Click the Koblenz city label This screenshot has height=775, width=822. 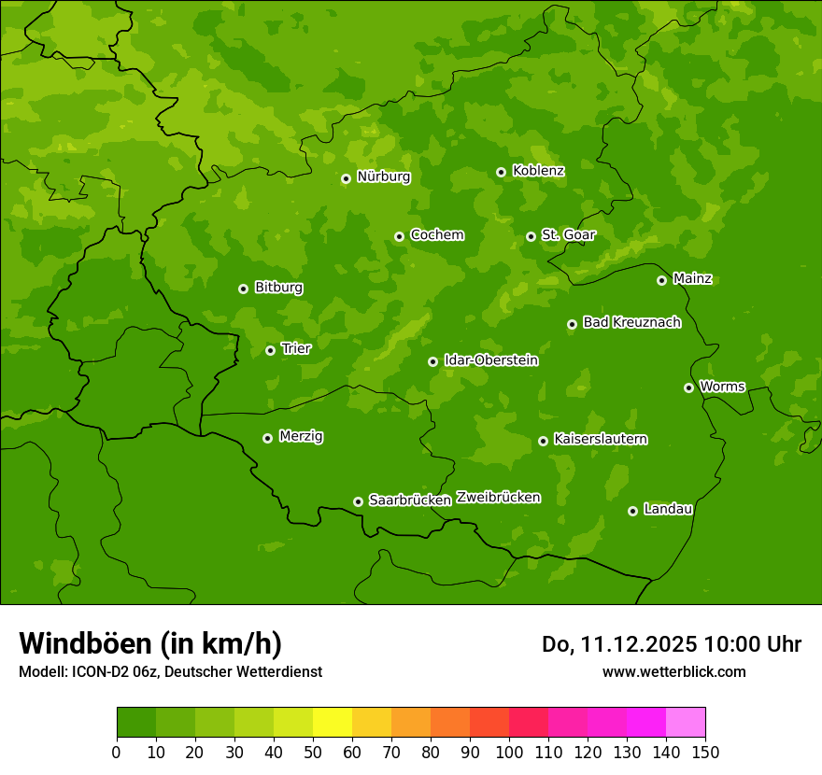click(x=538, y=171)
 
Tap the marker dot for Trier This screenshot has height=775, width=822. click(x=270, y=350)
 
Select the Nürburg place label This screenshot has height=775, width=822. click(x=383, y=176)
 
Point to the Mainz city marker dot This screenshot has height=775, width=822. click(x=661, y=280)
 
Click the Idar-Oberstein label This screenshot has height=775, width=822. click(x=490, y=360)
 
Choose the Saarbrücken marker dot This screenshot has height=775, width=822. click(x=358, y=501)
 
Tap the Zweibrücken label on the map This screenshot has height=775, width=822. click(x=498, y=498)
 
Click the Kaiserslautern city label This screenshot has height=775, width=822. click(x=601, y=439)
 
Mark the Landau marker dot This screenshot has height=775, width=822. click(x=632, y=511)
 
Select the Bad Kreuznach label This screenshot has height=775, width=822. click(x=631, y=322)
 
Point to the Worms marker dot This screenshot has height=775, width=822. click(x=688, y=387)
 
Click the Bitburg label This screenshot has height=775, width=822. click(x=278, y=288)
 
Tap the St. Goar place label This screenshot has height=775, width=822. click(x=568, y=235)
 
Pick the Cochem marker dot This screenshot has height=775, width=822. click(x=399, y=236)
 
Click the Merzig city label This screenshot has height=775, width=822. click(x=301, y=436)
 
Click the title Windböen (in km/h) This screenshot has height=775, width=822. click(x=150, y=643)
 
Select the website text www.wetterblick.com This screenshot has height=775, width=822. click(x=673, y=671)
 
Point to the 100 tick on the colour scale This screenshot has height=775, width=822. click(x=509, y=751)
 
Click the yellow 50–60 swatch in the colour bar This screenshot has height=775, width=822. click(x=333, y=723)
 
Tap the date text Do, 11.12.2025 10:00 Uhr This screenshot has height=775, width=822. click(x=672, y=644)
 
